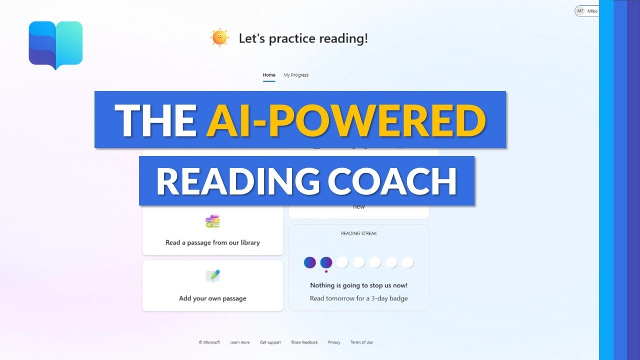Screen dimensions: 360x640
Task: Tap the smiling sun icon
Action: click(x=219, y=38)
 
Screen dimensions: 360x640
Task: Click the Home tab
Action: click(x=269, y=75)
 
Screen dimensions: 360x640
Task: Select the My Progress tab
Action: click(x=296, y=75)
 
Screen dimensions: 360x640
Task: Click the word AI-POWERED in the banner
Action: click(x=346, y=120)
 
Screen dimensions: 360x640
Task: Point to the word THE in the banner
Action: click(x=155, y=120)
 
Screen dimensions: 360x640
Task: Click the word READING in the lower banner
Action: click(x=237, y=181)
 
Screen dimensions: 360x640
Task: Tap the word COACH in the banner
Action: click(x=392, y=181)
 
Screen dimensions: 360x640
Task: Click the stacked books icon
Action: click(x=212, y=221)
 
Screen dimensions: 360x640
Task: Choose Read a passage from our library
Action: click(x=212, y=242)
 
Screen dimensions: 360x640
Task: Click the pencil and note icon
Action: click(x=212, y=276)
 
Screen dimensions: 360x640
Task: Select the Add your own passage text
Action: click(x=212, y=298)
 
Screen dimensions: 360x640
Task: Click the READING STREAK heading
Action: click(x=358, y=233)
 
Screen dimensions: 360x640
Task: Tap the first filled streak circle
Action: click(x=310, y=262)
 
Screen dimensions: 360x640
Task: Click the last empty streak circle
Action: click(x=407, y=262)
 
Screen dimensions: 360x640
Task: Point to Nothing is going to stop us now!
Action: click(x=358, y=285)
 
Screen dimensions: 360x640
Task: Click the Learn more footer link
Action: click(x=240, y=342)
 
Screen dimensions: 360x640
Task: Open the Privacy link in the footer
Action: click(x=334, y=342)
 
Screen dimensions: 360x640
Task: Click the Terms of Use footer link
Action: click(x=361, y=342)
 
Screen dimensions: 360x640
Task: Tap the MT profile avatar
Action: click(x=580, y=11)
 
